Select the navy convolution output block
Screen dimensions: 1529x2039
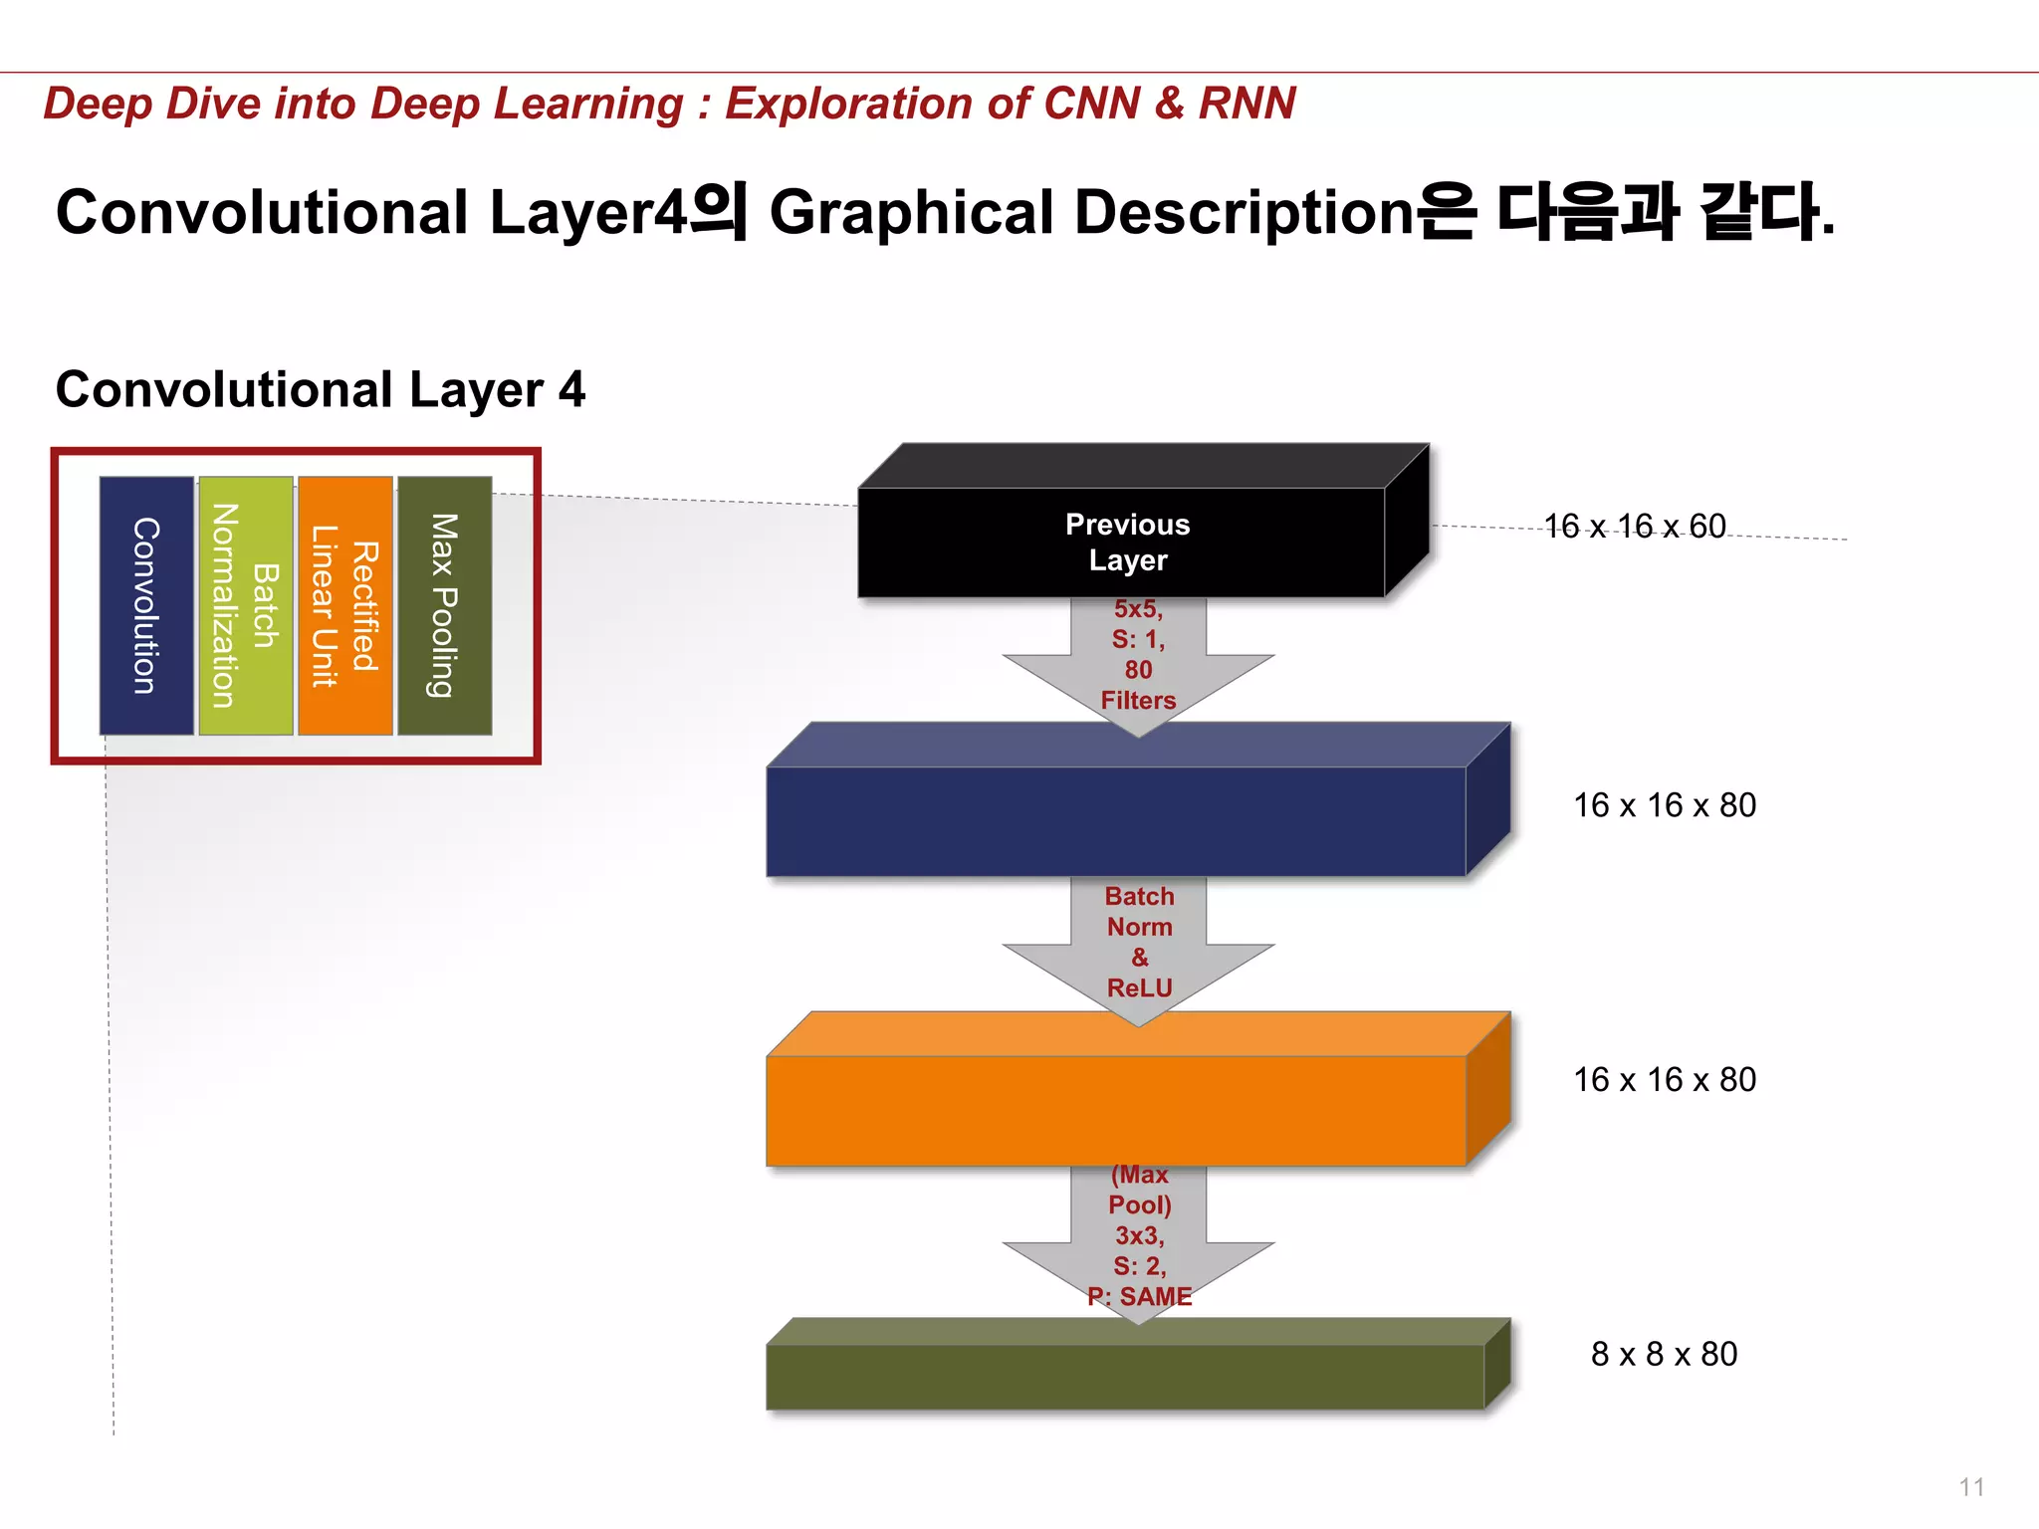(x=1115, y=820)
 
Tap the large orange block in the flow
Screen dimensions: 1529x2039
(x=1115, y=1109)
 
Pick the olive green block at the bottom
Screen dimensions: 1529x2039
(x=1125, y=1376)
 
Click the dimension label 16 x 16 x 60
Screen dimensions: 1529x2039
(x=1634, y=526)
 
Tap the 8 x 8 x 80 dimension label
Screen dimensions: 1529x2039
(x=1664, y=1354)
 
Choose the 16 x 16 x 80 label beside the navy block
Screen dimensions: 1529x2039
(x=1664, y=804)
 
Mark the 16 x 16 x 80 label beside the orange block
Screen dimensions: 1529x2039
(x=1664, y=1079)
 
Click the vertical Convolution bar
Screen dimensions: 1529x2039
(x=146, y=605)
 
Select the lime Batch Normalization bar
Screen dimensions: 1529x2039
(x=246, y=605)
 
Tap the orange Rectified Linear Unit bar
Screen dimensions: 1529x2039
(x=345, y=605)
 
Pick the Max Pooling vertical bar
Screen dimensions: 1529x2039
(x=444, y=605)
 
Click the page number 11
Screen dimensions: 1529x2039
(x=1971, y=1487)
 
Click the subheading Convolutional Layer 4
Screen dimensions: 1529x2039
(x=320, y=389)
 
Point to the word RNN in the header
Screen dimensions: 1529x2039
(x=1246, y=103)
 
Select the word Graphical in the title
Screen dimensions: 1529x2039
(x=911, y=212)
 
